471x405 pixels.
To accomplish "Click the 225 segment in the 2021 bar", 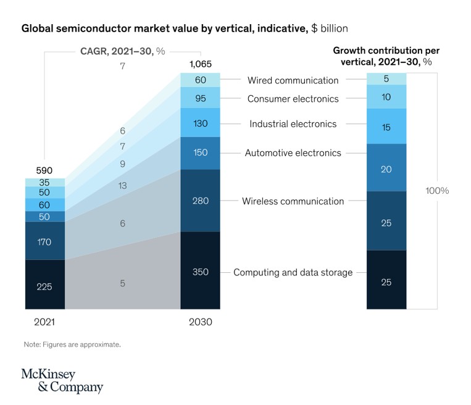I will coord(45,285).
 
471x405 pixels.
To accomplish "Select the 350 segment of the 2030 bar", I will coord(200,271).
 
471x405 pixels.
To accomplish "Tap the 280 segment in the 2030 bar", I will coord(200,201).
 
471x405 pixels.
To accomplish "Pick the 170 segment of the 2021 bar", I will coord(45,241).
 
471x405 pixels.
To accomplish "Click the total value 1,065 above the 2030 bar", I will coord(200,65).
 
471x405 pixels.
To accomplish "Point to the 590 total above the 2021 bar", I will coord(44,170).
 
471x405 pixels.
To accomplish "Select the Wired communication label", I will coord(293,80).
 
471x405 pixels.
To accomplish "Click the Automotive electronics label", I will coord(293,152).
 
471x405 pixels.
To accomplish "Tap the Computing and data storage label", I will coord(293,272).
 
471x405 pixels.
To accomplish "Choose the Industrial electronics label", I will coord(293,124).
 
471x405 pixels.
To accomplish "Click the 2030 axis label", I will coord(200,322).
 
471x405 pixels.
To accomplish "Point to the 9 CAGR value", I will coord(123,164).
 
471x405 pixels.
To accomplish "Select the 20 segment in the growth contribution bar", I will coord(386,168).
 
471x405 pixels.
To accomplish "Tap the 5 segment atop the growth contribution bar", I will coord(386,78).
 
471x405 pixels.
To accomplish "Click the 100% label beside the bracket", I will coord(437,191).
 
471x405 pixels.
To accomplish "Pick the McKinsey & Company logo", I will coord(62,380).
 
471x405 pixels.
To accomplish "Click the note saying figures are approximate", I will coord(72,344).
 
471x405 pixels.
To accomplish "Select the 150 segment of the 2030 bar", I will coord(200,152).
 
